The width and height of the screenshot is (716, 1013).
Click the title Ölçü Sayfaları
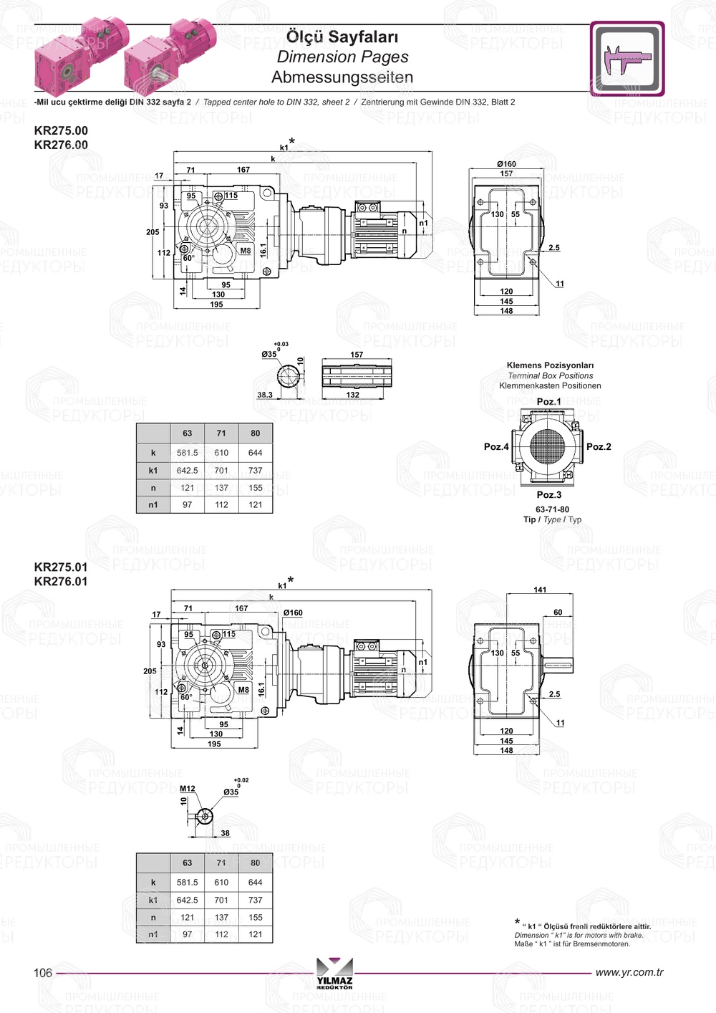[x=342, y=37]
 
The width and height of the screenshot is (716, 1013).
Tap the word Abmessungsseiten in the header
[x=342, y=77]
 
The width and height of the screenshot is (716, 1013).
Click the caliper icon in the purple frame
[x=627, y=59]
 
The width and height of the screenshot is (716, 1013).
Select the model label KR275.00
[x=61, y=130]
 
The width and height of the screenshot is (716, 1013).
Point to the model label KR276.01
[x=61, y=582]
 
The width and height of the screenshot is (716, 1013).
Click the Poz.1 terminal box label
[x=549, y=402]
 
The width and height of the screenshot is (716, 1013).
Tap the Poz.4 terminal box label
[x=496, y=447]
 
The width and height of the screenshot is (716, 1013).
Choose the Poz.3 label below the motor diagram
[x=549, y=495]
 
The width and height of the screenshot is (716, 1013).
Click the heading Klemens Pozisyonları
[x=550, y=365]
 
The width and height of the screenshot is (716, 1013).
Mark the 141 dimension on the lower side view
[x=540, y=590]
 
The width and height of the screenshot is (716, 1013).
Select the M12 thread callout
[x=188, y=789]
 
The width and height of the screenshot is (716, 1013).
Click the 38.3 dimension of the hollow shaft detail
[x=265, y=395]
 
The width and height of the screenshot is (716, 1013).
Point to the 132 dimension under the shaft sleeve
[x=353, y=395]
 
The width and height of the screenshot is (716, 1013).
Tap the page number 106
[x=43, y=973]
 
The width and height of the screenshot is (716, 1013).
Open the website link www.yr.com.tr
[x=629, y=972]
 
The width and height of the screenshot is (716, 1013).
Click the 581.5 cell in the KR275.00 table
[x=188, y=453]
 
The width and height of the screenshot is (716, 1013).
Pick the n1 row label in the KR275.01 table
[x=153, y=934]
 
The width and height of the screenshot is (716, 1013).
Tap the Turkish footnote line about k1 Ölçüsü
[x=586, y=926]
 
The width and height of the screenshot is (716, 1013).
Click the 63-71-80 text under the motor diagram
[x=552, y=509]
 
